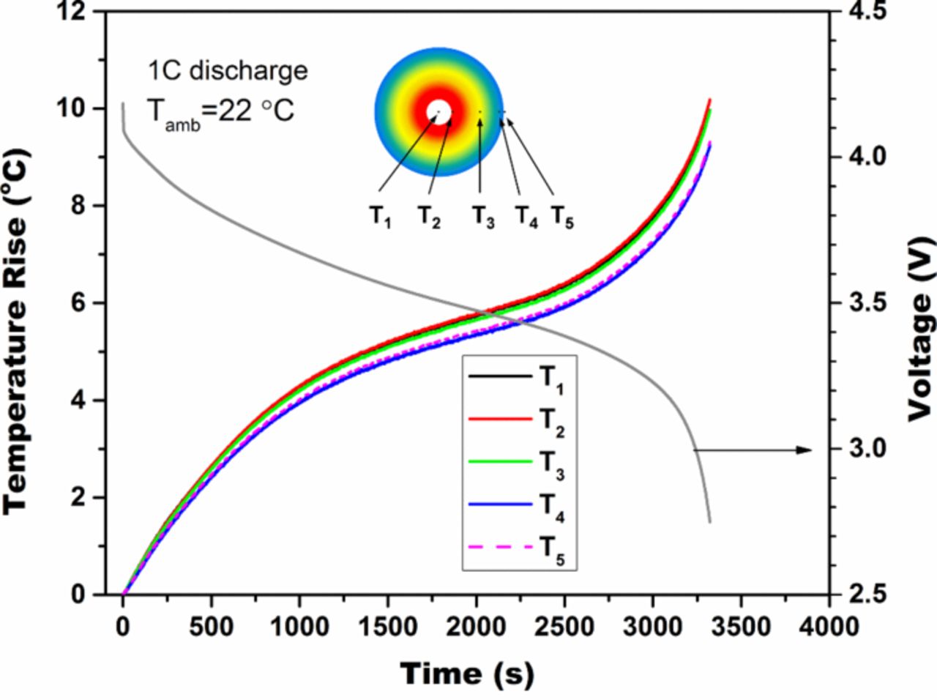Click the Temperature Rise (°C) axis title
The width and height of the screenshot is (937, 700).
(x=16, y=331)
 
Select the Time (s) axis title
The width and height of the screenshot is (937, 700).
(x=466, y=673)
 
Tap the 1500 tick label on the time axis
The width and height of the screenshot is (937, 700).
(x=387, y=627)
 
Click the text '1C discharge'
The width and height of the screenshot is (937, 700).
(x=227, y=72)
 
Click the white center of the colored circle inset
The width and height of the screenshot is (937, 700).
(x=438, y=111)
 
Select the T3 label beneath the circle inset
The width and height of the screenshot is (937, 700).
(x=482, y=216)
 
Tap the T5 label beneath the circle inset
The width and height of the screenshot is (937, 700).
(x=562, y=216)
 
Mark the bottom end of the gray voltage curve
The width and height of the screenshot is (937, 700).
(x=709, y=521)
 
